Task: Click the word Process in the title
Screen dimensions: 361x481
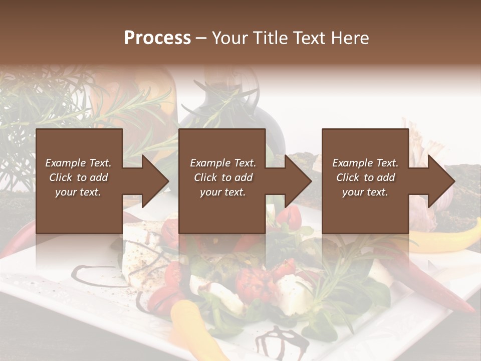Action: (157, 38)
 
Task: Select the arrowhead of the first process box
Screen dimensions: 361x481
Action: (155, 181)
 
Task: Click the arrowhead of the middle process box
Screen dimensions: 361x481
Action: (298, 181)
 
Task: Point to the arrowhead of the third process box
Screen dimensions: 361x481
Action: (441, 181)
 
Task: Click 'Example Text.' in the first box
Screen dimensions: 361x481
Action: (78, 163)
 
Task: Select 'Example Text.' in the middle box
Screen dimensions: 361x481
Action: (223, 163)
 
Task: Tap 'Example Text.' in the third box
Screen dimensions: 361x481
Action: (365, 163)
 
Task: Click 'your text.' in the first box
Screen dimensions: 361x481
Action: (78, 192)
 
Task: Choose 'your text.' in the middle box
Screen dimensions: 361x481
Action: (223, 192)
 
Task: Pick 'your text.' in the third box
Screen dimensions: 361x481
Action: (365, 192)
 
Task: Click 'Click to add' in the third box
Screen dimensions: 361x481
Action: (365, 177)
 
